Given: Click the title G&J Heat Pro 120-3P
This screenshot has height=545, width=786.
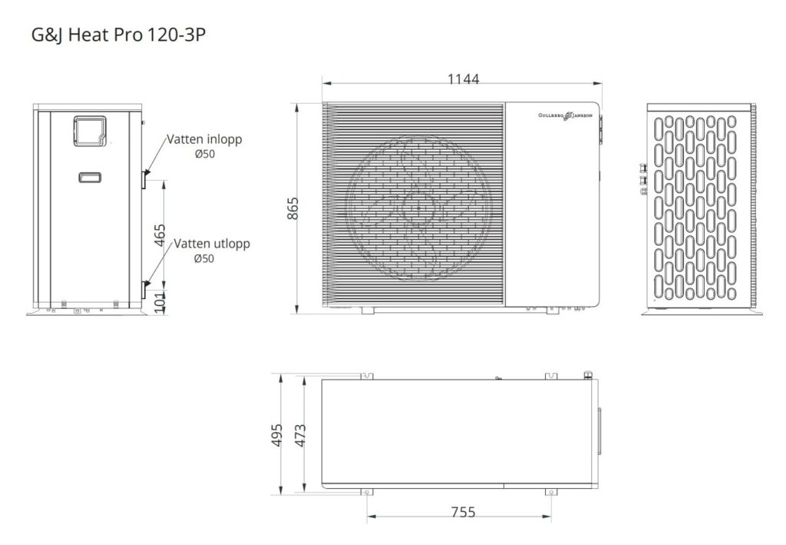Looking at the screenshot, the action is pyautogui.click(x=118, y=35).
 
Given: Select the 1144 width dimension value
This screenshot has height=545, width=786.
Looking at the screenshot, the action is pyautogui.click(x=463, y=78).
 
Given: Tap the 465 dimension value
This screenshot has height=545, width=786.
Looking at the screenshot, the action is pyautogui.click(x=160, y=235).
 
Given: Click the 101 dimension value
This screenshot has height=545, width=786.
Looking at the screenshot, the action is pyautogui.click(x=160, y=303).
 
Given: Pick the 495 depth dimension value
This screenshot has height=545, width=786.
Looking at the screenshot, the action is pyautogui.click(x=276, y=435).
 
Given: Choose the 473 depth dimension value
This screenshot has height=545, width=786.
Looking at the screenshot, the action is pyautogui.click(x=300, y=435).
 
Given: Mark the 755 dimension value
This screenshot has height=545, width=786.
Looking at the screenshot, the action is pyautogui.click(x=463, y=512).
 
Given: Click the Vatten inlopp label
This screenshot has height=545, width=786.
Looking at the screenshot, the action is pyautogui.click(x=204, y=139).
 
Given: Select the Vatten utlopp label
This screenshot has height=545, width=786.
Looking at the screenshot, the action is pyautogui.click(x=212, y=244).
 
